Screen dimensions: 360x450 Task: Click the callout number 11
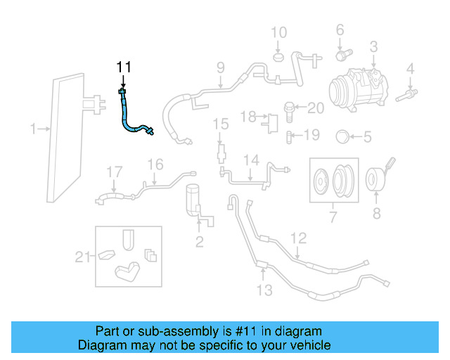[124, 67]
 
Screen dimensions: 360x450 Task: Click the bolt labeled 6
[342, 53]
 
